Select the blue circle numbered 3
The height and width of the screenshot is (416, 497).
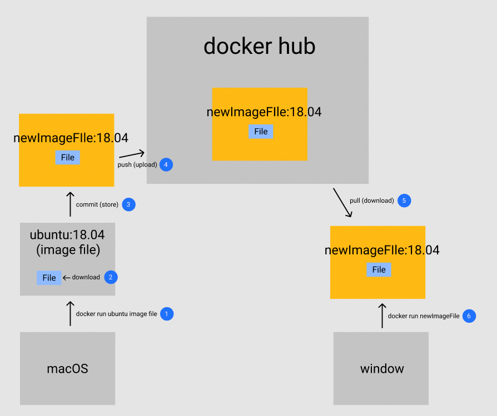click(128, 204)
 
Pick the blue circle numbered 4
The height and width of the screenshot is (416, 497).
click(166, 164)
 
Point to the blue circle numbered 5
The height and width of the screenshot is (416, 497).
click(404, 201)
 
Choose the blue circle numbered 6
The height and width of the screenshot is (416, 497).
click(469, 315)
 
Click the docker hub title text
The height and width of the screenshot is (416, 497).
click(259, 46)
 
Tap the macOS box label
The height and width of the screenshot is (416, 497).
click(67, 368)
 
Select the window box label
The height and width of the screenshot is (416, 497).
click(382, 368)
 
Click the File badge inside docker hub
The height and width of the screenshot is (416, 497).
click(261, 132)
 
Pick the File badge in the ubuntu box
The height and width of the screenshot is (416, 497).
click(49, 278)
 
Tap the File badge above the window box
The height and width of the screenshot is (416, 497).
click(379, 269)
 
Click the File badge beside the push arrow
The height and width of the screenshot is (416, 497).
click(68, 158)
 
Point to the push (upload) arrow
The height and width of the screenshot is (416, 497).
click(131, 154)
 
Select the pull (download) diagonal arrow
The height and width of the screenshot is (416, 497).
click(342, 203)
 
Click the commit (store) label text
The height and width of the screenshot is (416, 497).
click(97, 204)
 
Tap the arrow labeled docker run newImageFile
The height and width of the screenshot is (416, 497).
click(382, 315)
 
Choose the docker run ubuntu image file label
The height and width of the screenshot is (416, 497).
click(116, 314)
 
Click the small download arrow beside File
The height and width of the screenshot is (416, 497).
click(67, 278)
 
